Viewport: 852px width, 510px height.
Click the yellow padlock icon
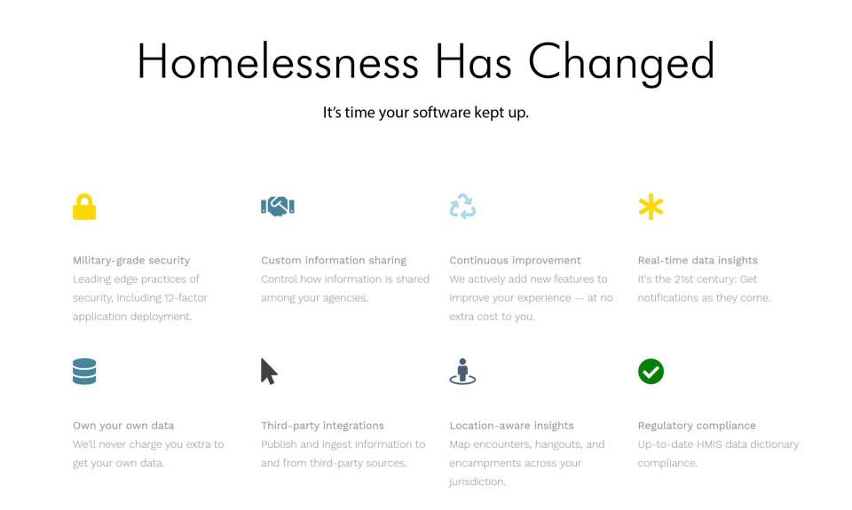click(x=84, y=207)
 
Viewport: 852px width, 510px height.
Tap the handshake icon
click(x=278, y=207)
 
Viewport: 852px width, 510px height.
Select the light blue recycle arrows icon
click(x=462, y=207)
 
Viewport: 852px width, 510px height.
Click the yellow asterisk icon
click(x=651, y=207)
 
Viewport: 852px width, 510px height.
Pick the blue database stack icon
click(x=84, y=372)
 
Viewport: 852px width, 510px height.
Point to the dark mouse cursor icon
click(x=269, y=372)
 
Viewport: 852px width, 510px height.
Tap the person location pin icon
click(x=462, y=372)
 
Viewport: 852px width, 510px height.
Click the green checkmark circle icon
click(x=651, y=372)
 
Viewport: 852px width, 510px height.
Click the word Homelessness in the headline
click(x=278, y=62)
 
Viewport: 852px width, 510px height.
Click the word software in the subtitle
click(x=442, y=113)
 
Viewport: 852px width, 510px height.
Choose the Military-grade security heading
click(x=131, y=261)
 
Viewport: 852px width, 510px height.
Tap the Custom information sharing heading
click(x=334, y=261)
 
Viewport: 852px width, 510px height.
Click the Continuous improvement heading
click(x=515, y=261)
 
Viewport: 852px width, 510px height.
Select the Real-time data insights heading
click(x=698, y=261)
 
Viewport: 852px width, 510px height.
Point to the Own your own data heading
click(x=123, y=426)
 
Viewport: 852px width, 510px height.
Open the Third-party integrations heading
click(x=322, y=426)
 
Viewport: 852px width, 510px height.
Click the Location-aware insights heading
click(x=511, y=426)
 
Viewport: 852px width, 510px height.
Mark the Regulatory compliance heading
click(x=697, y=426)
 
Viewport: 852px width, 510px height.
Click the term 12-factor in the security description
click(x=185, y=298)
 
